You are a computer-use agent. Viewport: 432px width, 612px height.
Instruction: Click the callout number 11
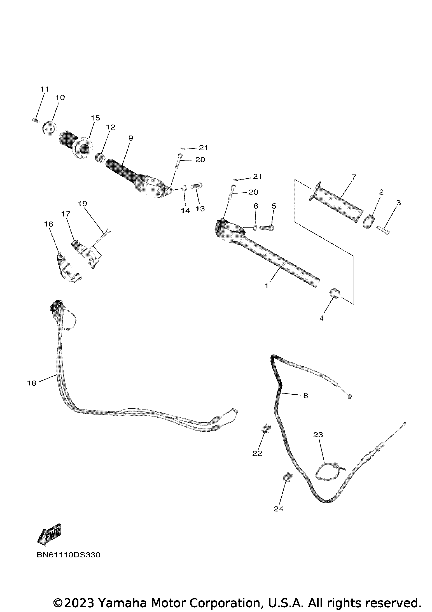[x=45, y=89]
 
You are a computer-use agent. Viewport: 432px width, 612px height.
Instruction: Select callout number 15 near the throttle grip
[x=95, y=118]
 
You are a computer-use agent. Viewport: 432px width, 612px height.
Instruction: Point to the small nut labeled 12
[x=100, y=159]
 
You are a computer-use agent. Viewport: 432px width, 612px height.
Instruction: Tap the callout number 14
[x=185, y=211]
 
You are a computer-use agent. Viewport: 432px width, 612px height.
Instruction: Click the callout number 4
[x=322, y=318]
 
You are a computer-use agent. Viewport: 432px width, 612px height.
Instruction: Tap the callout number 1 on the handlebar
[x=267, y=286]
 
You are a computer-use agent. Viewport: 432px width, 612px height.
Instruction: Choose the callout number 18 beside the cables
[x=32, y=383]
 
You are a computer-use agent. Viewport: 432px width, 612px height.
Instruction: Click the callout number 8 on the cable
[x=305, y=395]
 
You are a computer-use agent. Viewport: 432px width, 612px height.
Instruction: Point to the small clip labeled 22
[x=266, y=436]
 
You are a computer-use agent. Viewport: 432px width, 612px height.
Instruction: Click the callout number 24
[x=279, y=509]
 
